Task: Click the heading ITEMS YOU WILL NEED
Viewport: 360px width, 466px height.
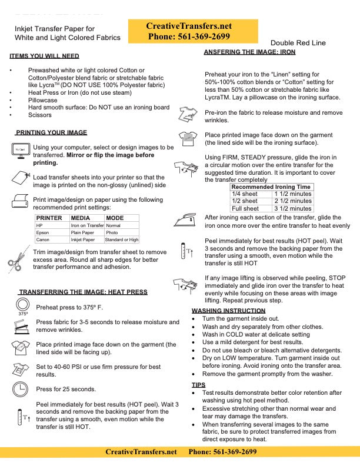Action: point(44,56)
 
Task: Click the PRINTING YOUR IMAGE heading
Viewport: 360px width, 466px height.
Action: point(51,132)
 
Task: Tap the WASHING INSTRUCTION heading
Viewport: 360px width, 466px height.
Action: point(228,310)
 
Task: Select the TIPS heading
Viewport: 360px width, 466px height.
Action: point(198,384)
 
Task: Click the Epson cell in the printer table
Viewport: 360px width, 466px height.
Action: point(43,232)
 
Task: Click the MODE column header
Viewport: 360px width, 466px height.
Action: point(114,218)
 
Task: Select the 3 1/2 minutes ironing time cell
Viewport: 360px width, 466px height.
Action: point(292,208)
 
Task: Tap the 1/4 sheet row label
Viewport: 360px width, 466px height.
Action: point(245,194)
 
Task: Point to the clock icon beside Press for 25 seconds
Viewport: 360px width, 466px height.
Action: point(21,389)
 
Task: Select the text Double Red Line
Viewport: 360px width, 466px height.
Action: point(298,43)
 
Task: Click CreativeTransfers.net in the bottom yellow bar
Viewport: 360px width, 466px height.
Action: point(141,452)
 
